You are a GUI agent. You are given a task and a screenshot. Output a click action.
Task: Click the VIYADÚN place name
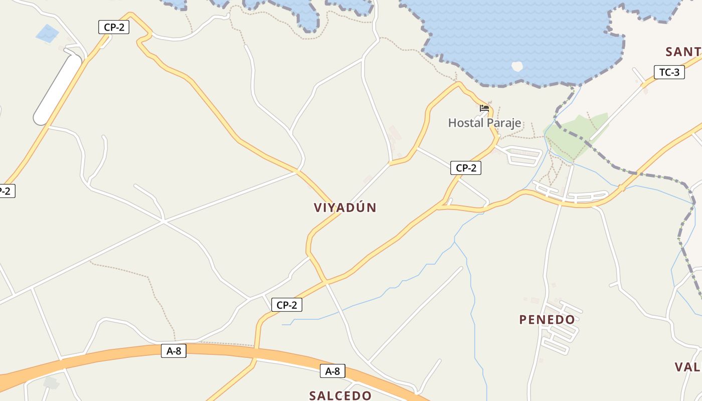click(345, 208)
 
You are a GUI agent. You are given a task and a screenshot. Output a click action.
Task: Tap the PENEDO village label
click(547, 319)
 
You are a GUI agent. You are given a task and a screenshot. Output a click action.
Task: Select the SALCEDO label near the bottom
click(340, 395)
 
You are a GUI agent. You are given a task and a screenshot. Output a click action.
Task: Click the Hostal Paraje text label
click(484, 123)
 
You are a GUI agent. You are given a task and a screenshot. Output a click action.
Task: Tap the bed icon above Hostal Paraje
click(484, 108)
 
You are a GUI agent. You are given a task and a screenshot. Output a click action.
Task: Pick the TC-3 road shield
click(669, 72)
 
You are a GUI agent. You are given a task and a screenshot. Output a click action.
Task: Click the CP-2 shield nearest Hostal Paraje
click(466, 168)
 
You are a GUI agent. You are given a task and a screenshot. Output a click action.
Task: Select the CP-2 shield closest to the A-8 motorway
click(287, 305)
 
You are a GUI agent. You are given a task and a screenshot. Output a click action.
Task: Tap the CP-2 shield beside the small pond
click(114, 27)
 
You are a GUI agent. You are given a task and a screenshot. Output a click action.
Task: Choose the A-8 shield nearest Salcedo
click(332, 371)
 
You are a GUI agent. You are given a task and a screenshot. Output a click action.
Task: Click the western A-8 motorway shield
click(173, 351)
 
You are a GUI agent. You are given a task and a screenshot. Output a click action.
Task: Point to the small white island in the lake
click(516, 66)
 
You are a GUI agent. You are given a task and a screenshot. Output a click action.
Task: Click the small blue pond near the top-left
click(47, 34)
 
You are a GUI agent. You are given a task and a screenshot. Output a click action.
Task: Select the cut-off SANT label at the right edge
click(683, 52)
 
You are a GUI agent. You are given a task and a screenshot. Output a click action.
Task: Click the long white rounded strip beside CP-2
click(58, 90)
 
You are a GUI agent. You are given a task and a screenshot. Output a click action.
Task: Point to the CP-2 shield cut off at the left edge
click(6, 191)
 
